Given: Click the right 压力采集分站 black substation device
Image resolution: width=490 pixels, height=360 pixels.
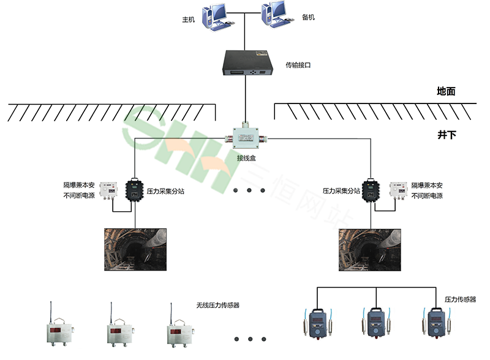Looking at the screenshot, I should point(370,190).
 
